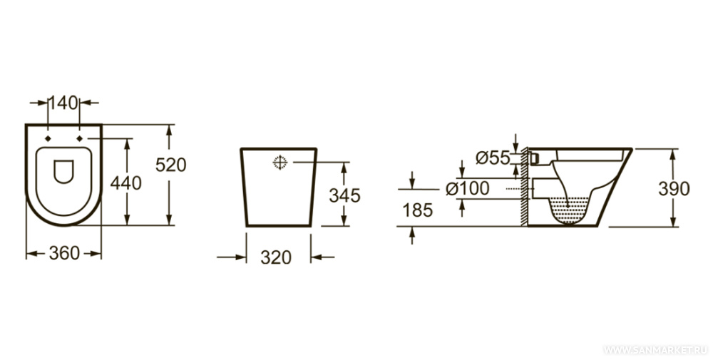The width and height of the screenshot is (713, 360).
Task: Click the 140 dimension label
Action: point(63,103)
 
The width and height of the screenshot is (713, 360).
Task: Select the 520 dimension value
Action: point(171,165)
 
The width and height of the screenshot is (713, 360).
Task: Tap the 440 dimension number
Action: point(126,183)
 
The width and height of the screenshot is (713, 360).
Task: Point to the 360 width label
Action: point(64,253)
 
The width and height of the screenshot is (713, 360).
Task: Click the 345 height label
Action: point(344,195)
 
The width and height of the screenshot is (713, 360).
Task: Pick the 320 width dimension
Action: point(276,257)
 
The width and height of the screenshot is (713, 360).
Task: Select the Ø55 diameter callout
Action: point(493,158)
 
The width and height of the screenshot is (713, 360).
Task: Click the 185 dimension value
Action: point(418,210)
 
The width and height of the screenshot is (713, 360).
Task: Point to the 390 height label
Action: point(674,189)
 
